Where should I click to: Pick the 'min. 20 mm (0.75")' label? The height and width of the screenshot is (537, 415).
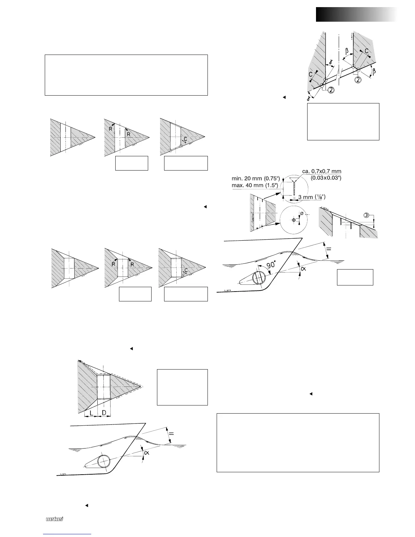pos(256,178)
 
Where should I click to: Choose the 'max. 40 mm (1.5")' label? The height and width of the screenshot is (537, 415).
pos(255,185)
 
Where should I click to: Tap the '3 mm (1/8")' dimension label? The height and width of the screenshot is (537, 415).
pos(313,197)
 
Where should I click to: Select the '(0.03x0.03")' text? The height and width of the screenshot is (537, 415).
pos(326,178)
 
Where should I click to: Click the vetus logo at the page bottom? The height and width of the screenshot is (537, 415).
pos(55,519)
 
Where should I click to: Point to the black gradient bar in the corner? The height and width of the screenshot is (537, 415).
pos(356,15)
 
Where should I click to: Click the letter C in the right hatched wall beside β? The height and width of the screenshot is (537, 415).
pos(367,51)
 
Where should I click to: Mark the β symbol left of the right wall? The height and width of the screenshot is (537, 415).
pos(347,52)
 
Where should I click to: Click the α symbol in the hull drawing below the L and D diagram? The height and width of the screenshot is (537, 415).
pos(147,452)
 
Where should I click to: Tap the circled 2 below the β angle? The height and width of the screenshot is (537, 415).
pos(358,80)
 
